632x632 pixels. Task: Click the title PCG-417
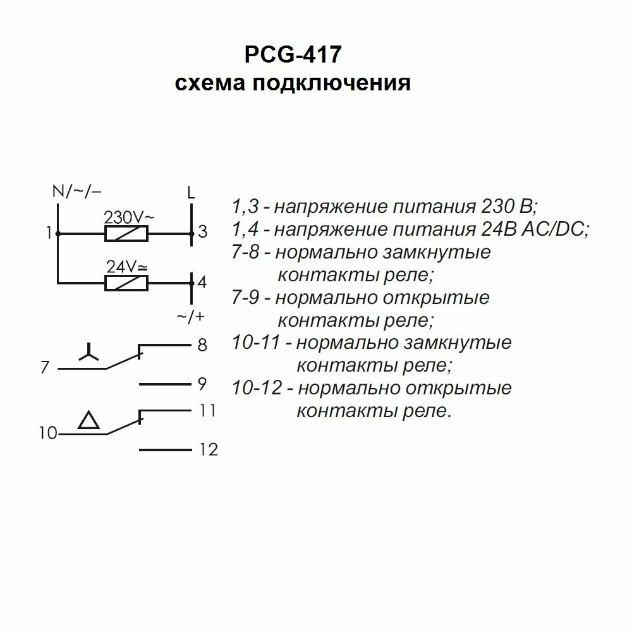tap(293, 55)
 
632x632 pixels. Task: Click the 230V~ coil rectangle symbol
tap(126, 234)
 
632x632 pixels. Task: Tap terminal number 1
tap(49, 234)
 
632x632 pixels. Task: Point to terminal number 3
tap(202, 232)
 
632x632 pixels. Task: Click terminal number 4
tap(202, 282)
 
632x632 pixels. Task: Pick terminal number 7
tap(44, 367)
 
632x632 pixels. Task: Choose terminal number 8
tap(202, 346)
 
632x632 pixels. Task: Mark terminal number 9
tap(202, 384)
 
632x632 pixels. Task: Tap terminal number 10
tap(48, 434)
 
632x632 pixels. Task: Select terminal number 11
tap(207, 411)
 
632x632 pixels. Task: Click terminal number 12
tap(208, 450)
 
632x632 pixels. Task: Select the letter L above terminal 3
tap(191, 192)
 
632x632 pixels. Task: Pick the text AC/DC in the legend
tap(554, 229)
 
